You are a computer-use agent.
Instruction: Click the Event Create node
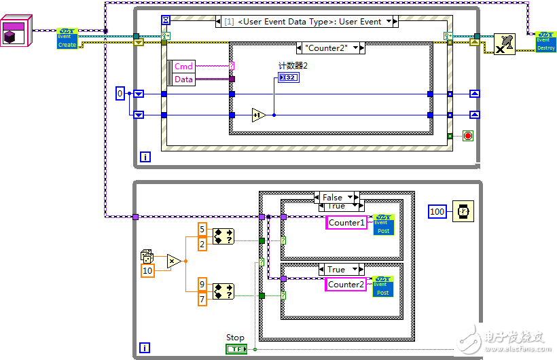67,39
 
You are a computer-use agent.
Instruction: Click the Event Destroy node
545,41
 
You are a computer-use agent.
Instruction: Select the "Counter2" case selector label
331,48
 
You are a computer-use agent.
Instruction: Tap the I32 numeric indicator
289,79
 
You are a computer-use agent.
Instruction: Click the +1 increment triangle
258,115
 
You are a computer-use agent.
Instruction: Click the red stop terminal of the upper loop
467,136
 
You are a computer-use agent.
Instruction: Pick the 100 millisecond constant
437,212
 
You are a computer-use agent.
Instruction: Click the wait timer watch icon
463,212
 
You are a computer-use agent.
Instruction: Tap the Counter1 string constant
346,223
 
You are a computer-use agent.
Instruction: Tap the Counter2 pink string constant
346,285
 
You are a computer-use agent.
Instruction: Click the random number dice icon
147,256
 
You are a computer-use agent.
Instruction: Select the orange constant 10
147,271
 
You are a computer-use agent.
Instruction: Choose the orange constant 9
202,284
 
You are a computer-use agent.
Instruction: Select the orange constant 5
202,230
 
